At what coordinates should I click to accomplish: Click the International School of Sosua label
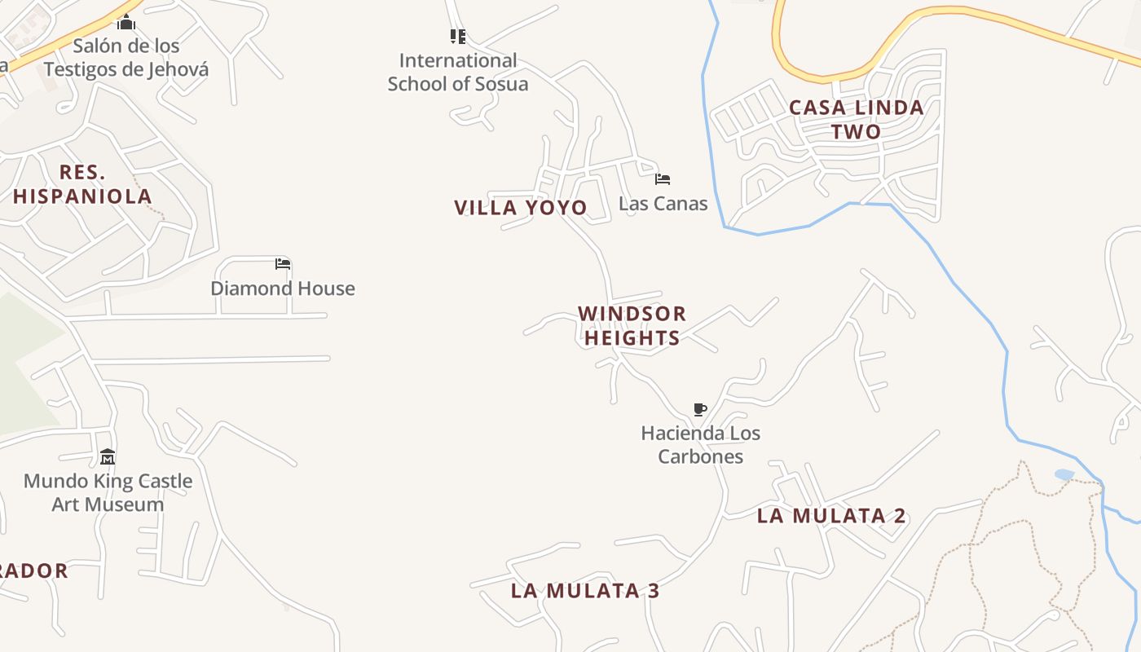pyautogui.click(x=458, y=72)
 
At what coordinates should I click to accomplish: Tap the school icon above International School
pyautogui.click(x=458, y=37)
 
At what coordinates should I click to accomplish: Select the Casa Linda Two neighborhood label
pyautogui.click(x=857, y=119)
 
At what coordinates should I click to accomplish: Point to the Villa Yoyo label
pyautogui.click(x=521, y=208)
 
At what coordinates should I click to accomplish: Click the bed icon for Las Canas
pyautogui.click(x=663, y=178)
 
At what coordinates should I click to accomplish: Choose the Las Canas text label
pyautogui.click(x=663, y=203)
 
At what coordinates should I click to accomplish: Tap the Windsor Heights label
pyautogui.click(x=632, y=325)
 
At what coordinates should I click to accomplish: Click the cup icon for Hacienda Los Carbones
pyautogui.click(x=699, y=409)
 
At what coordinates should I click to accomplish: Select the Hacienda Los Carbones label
pyautogui.click(x=700, y=444)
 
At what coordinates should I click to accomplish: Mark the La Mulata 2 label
pyautogui.click(x=831, y=516)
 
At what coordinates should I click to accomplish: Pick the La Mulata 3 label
pyautogui.click(x=585, y=591)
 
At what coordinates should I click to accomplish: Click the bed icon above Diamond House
pyautogui.click(x=283, y=263)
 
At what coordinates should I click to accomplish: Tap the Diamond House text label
pyautogui.click(x=283, y=289)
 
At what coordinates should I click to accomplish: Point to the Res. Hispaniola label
pyautogui.click(x=82, y=184)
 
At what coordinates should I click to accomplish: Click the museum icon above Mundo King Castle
pyautogui.click(x=108, y=456)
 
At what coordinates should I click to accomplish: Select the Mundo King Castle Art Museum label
pyautogui.click(x=108, y=492)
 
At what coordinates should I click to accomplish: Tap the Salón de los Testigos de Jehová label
pyautogui.click(x=126, y=57)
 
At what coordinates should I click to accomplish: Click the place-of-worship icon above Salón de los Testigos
pyautogui.click(x=126, y=22)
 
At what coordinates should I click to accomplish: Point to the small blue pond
pyautogui.click(x=1064, y=474)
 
